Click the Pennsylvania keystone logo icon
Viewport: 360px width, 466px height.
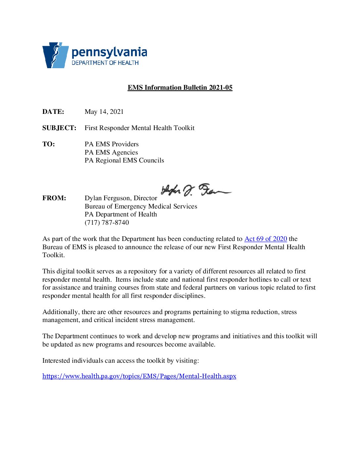[55, 55]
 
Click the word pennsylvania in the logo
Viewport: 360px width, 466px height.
[109, 52]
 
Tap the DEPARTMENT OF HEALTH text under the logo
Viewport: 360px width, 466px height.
[105, 63]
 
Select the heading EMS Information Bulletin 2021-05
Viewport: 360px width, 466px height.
[180, 88]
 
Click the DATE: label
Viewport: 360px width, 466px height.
[53, 112]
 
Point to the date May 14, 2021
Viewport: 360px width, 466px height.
[104, 112]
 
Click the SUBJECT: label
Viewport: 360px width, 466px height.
[59, 128]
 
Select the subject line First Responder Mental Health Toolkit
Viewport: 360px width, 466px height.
[139, 128]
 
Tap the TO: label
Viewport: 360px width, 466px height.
[49, 144]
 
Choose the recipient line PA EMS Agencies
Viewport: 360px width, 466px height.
[111, 153]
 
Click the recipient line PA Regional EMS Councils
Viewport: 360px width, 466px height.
[124, 161]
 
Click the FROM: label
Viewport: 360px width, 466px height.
[54, 198]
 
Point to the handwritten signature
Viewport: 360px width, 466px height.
[195, 190]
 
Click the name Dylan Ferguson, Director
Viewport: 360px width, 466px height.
[121, 198]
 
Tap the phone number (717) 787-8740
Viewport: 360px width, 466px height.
[107, 223]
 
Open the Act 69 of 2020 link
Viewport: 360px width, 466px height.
[265, 239]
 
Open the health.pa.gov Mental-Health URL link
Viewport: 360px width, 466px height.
[139, 376]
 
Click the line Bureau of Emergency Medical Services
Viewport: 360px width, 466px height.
[141, 207]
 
